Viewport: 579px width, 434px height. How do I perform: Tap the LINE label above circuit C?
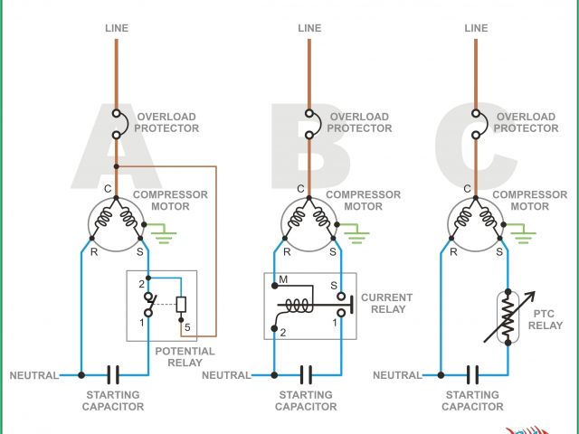point(476,28)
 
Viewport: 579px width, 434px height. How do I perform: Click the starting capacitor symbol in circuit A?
point(114,373)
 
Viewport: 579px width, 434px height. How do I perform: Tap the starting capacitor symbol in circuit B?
point(307,373)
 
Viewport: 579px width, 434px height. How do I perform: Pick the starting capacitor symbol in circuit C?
point(473,373)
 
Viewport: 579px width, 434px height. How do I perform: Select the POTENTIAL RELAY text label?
point(185,357)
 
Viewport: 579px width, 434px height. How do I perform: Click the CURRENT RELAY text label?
point(386,303)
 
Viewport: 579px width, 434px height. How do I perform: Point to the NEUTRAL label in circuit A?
point(34,374)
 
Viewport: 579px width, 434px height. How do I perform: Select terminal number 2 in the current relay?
point(284,333)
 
